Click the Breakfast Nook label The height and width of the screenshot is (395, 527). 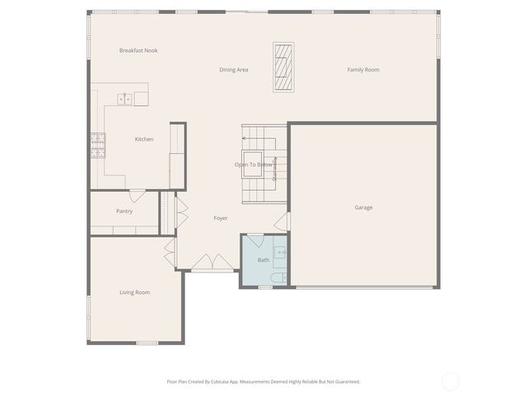click(138, 51)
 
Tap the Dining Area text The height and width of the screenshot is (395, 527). click(234, 70)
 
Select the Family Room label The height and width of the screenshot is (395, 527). click(363, 70)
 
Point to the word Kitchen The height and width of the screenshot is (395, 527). click(144, 139)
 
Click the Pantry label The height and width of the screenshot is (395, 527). click(124, 211)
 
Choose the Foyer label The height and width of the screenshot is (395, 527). click(221, 218)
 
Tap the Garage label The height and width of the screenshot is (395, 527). click(363, 207)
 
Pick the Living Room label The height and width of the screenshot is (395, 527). click(134, 292)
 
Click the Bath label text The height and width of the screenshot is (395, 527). click(263, 260)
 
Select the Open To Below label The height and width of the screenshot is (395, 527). click(254, 165)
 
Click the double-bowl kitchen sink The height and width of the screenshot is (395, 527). click(125, 99)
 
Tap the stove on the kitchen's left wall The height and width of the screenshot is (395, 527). click(98, 146)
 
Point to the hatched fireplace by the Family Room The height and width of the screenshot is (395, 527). click(284, 67)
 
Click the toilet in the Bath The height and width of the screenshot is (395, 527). click(279, 277)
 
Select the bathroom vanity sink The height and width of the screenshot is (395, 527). click(281, 252)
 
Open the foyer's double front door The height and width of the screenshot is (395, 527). click(212, 263)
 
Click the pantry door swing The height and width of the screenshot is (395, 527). click(138, 196)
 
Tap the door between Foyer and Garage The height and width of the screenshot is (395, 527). click(283, 221)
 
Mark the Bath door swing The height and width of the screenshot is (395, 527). click(256, 240)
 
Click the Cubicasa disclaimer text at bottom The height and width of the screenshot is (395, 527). click(263, 382)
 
